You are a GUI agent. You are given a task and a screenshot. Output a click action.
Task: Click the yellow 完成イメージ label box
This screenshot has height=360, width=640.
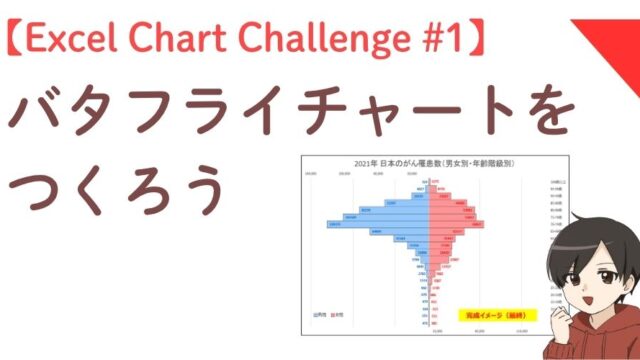click(496, 316)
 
